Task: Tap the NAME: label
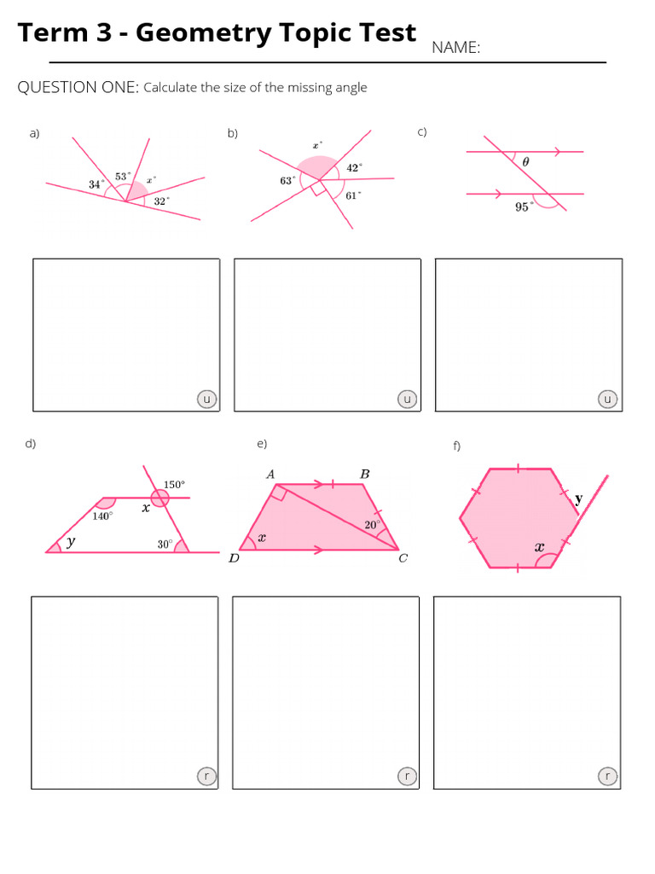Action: point(455,48)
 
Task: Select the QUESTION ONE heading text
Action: point(78,87)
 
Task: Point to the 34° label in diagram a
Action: point(96,184)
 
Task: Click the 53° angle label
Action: point(123,177)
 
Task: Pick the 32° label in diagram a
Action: point(161,201)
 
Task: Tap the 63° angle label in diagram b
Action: point(287,180)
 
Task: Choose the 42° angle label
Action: point(354,167)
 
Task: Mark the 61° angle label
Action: point(353,195)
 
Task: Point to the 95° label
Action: point(523,207)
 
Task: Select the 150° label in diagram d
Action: point(174,484)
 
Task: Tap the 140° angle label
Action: point(102,516)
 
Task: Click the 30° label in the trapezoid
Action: point(165,543)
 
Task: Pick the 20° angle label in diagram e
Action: point(372,525)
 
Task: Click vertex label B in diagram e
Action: point(365,474)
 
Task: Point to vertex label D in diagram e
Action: point(234,559)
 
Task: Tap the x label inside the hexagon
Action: point(539,547)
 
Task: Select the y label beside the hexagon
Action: point(578,499)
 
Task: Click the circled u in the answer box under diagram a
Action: point(206,399)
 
